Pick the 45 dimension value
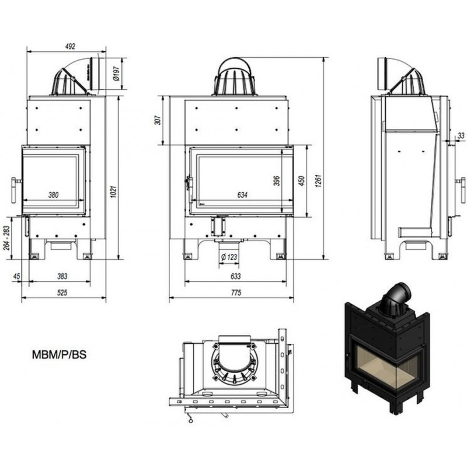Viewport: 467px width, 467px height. pos(17,276)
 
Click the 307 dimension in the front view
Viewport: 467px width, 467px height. pos(156,121)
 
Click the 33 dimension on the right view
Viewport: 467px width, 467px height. pos(461,135)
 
